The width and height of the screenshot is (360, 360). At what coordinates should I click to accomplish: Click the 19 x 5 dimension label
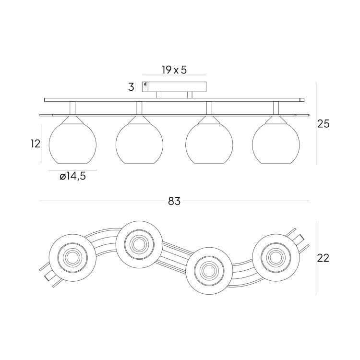[174, 70]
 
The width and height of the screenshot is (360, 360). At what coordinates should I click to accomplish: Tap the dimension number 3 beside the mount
[131, 87]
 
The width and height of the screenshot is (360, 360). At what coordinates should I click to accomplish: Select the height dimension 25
[323, 124]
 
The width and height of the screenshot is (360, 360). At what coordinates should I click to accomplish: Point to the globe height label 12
[36, 144]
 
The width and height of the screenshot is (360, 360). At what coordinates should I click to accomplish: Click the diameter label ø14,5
[72, 176]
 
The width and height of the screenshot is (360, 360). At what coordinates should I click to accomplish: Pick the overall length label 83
[174, 201]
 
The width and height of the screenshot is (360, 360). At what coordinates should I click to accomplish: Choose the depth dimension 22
[323, 258]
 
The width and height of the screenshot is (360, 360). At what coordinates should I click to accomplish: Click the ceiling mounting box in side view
[174, 87]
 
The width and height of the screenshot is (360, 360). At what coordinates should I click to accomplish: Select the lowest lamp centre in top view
[209, 270]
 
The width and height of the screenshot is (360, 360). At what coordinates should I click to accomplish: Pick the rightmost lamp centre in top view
[276, 257]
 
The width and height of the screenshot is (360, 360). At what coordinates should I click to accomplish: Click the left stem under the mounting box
[159, 95]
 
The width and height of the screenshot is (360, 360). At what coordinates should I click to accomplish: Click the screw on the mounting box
[145, 84]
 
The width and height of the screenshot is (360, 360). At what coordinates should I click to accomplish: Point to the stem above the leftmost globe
[72, 108]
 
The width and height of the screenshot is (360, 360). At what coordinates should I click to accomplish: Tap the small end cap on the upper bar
[302, 100]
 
